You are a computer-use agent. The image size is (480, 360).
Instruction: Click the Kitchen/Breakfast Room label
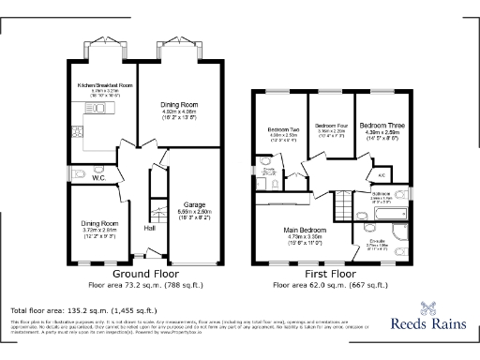(x=105, y=85)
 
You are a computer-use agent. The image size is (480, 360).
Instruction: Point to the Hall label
(x=149, y=228)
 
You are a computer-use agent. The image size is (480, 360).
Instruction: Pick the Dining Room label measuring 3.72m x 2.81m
(x=98, y=223)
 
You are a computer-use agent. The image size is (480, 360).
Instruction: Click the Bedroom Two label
(x=283, y=129)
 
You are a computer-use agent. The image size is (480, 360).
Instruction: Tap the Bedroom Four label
(x=329, y=126)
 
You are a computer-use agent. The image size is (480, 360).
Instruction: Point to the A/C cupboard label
(x=382, y=174)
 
